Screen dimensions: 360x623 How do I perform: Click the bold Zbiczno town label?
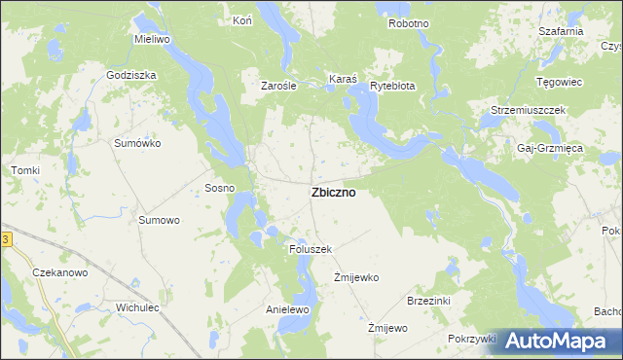coord(333,193)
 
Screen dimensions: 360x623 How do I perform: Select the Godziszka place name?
coord(132,74)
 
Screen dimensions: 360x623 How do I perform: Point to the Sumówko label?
coord(137,143)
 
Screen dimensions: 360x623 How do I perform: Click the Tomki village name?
coord(25,170)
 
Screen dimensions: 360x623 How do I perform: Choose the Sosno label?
coord(218,188)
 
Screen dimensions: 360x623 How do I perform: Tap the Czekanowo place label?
coord(60,272)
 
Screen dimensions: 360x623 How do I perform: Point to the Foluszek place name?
coord(311,249)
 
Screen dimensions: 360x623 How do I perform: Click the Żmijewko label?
coord(355,277)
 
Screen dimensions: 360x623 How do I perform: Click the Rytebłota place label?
coord(392,86)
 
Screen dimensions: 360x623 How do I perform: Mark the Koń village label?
coord(242,20)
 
